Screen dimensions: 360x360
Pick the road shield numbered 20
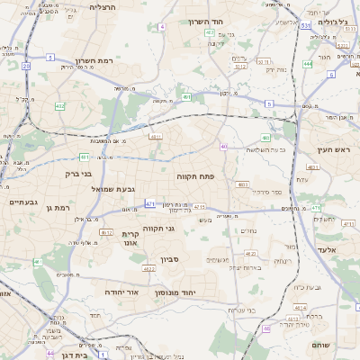pos(26,66)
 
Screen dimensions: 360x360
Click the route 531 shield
pos(306,27)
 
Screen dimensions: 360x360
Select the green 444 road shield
pos(308,64)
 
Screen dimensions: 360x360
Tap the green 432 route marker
pos(59,106)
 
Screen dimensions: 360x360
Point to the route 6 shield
pos(331,75)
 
